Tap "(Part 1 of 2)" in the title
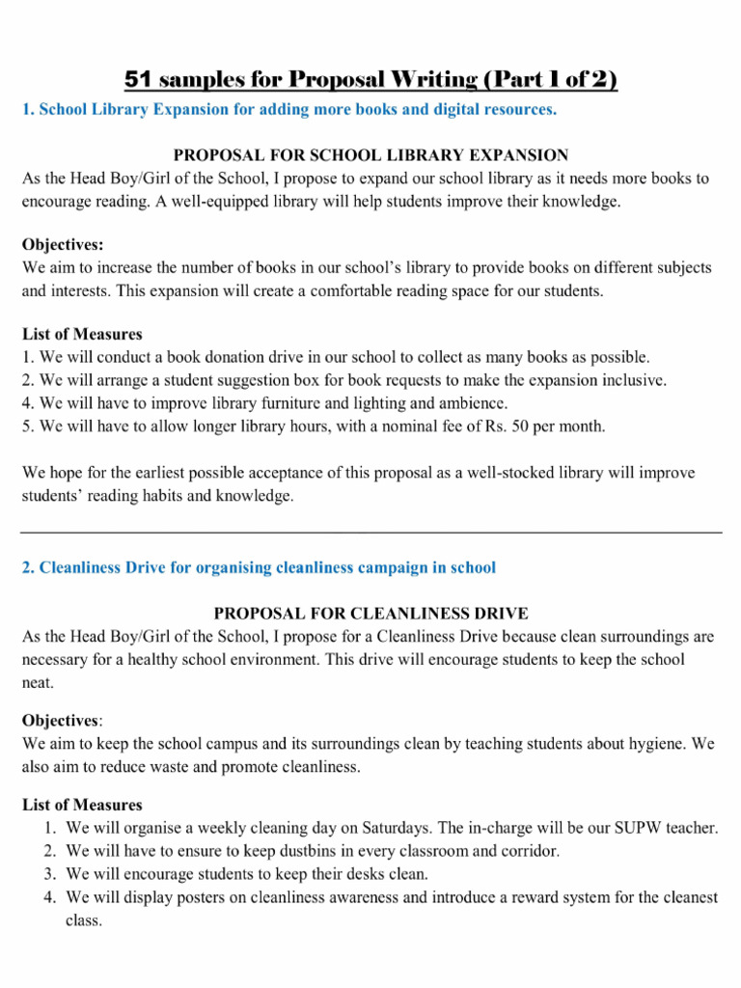tap(545, 79)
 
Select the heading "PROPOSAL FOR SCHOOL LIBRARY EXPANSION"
tap(370, 155)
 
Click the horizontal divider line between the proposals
tap(370, 532)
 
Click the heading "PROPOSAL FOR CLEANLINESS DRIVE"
tap(370, 614)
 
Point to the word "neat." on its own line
tap(38, 682)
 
